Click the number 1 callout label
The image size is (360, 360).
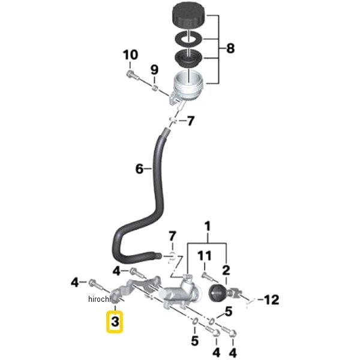click(x=208, y=228)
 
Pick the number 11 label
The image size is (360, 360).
click(x=204, y=257)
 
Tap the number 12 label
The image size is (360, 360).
click(x=272, y=298)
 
